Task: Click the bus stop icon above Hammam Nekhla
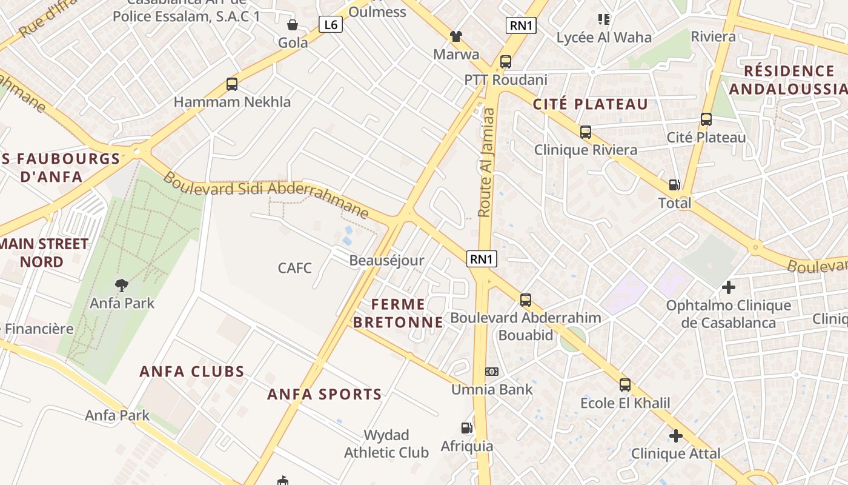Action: [x=231, y=84]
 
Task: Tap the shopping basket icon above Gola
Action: [x=293, y=25]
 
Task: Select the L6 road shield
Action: [x=331, y=25]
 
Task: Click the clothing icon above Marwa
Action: [x=456, y=36]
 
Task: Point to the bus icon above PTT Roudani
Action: [x=505, y=62]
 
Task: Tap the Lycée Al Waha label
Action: [x=604, y=38]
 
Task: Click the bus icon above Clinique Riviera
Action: [x=585, y=132]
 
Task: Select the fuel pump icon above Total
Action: [x=674, y=186]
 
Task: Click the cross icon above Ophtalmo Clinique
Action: [x=728, y=287]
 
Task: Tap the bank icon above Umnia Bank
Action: [x=492, y=372]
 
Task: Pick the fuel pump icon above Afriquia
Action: [x=466, y=428]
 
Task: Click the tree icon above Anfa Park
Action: [x=122, y=285]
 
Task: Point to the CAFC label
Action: [x=295, y=267]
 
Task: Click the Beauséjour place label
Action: [x=386, y=261]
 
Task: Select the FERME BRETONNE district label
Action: [x=398, y=313]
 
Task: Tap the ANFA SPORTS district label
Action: [x=325, y=395]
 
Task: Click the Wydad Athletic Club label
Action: [x=386, y=444]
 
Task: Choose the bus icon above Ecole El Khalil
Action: [x=624, y=385]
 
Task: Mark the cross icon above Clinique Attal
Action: [x=676, y=435]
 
